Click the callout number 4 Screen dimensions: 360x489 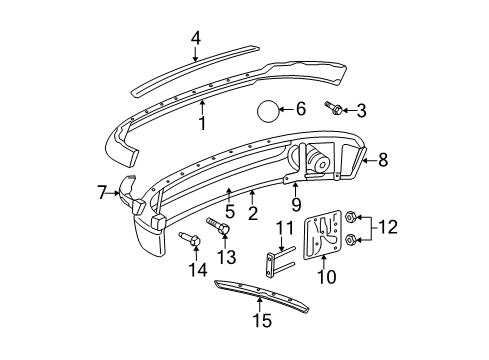(x=196, y=37)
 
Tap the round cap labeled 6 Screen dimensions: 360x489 (x=268, y=111)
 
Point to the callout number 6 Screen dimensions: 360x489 (x=301, y=108)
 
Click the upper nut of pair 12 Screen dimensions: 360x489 (x=351, y=216)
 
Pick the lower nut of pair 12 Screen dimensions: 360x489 (x=351, y=240)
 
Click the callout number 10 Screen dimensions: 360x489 (x=325, y=276)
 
